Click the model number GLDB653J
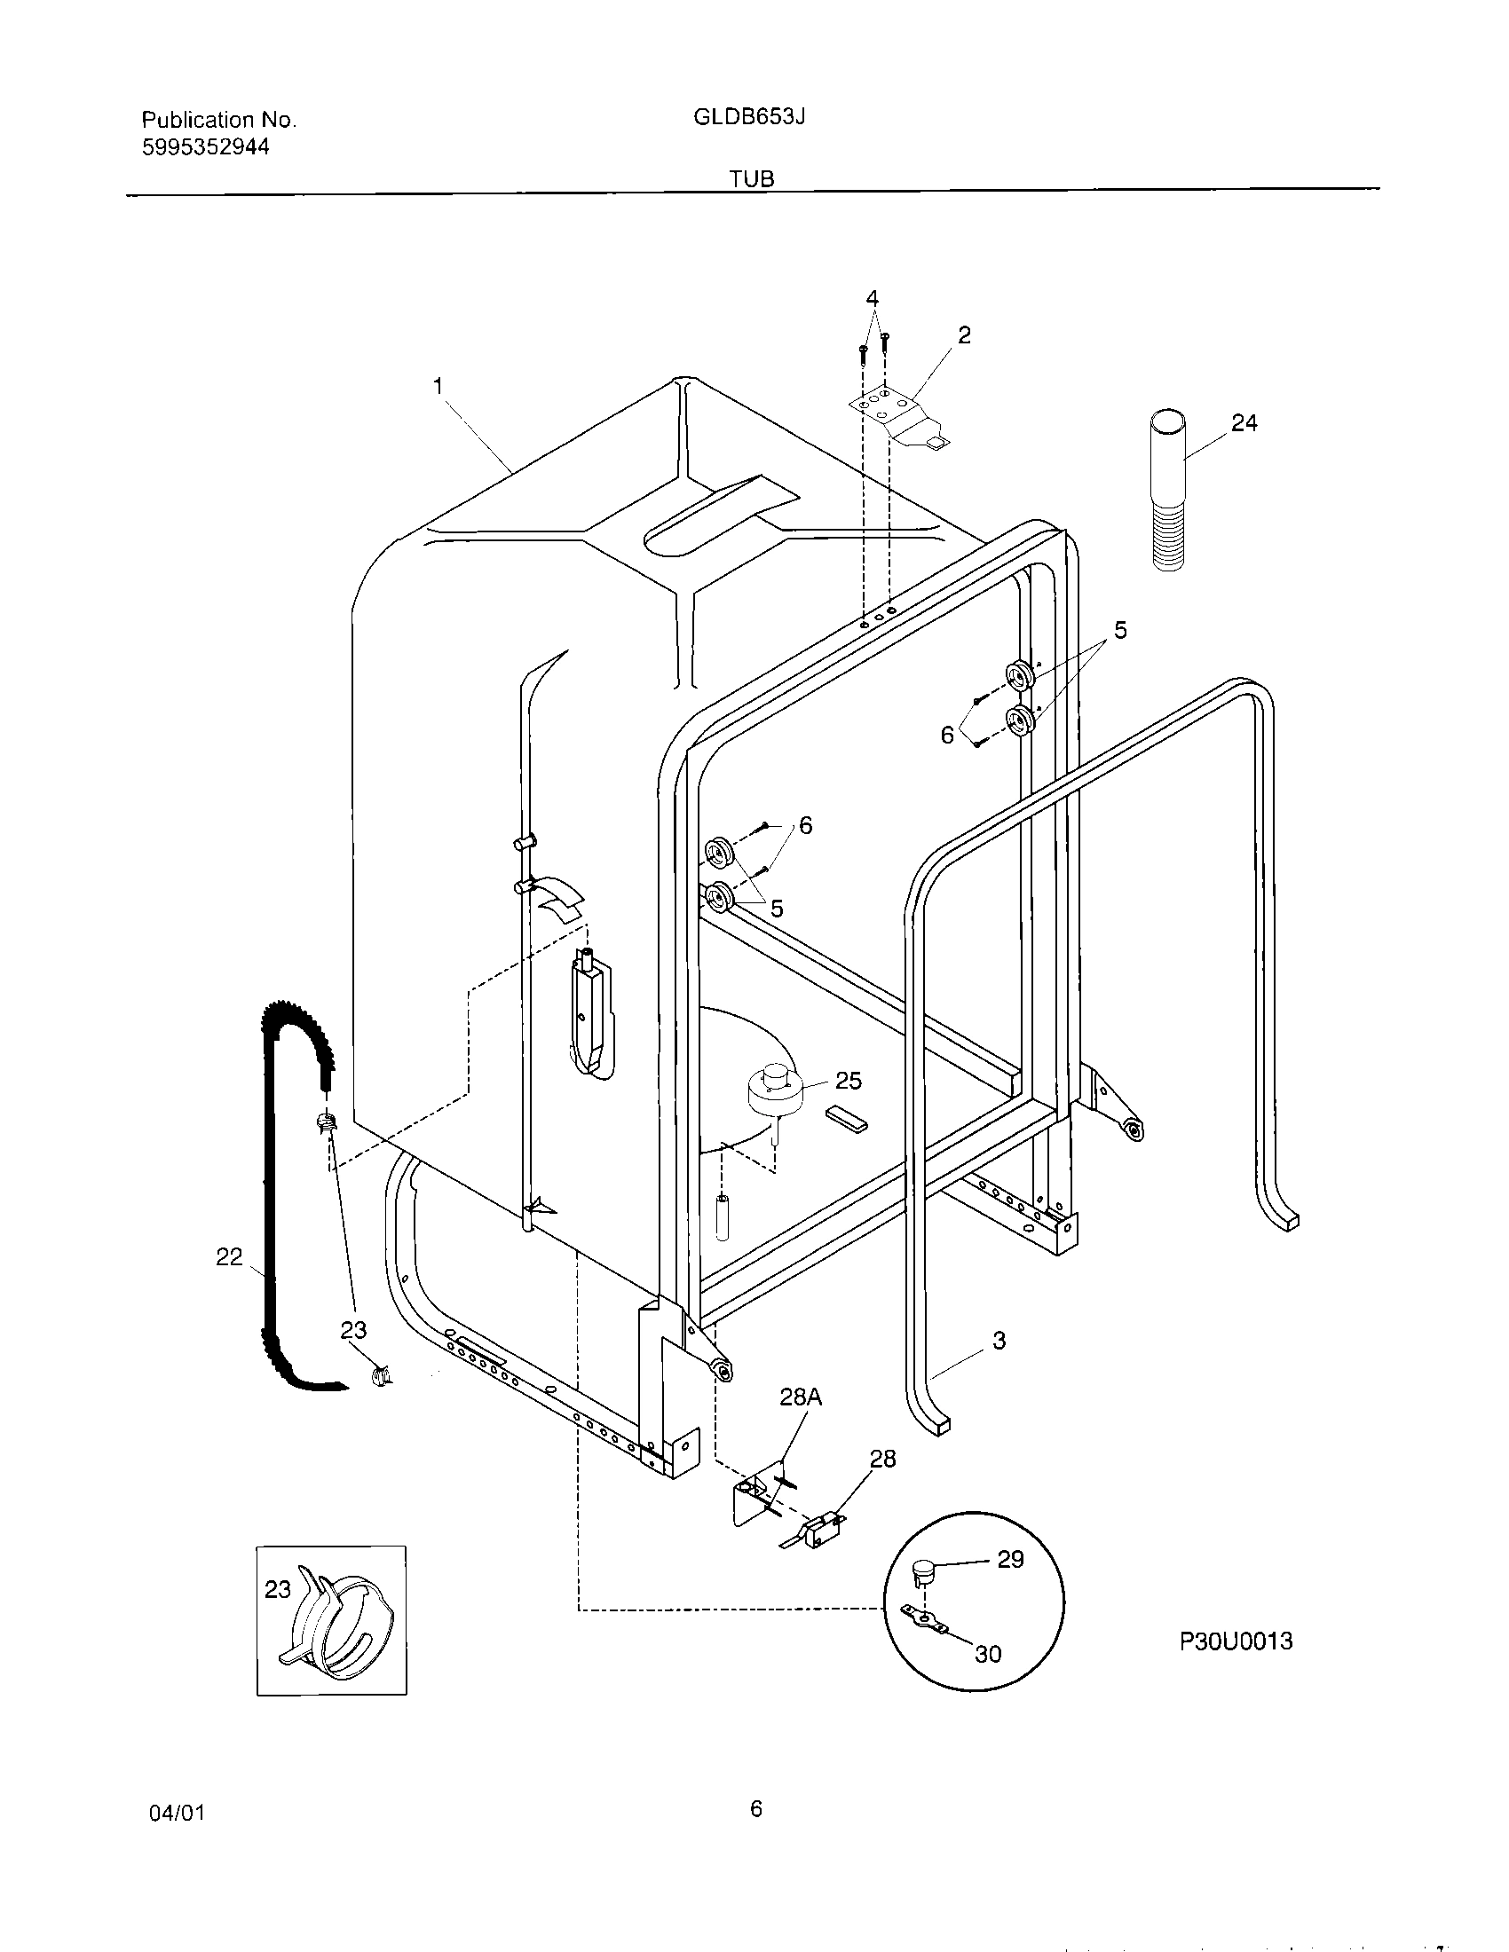[x=749, y=116]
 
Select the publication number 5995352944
[x=206, y=147]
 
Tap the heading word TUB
[x=751, y=178]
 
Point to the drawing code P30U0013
[x=1236, y=1641]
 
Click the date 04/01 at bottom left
[x=176, y=1813]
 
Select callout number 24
[x=1244, y=422]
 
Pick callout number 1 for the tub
[x=438, y=386]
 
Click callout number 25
[x=848, y=1081]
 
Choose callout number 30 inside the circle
[x=988, y=1654]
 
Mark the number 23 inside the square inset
[x=278, y=1589]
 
